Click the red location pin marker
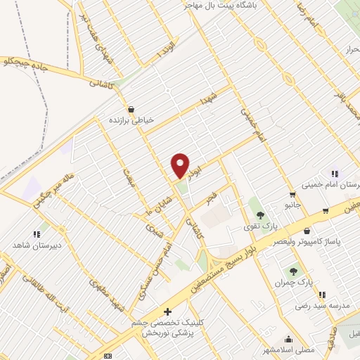(x=181, y=165)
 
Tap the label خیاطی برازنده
(x=130, y=120)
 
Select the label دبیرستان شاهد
(x=33, y=245)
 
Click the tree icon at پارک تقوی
(x=260, y=214)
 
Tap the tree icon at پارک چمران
(x=293, y=271)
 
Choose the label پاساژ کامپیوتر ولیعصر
(x=330, y=242)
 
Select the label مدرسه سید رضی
(x=322, y=307)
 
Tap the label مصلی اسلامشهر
(x=289, y=349)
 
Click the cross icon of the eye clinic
(x=167, y=311)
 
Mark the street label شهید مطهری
(x=103, y=289)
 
